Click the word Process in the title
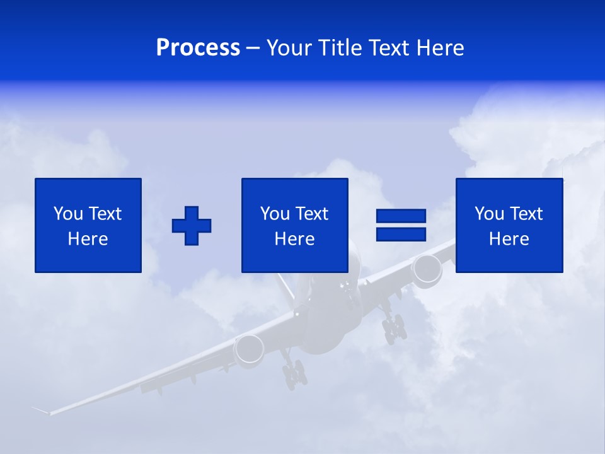(198, 48)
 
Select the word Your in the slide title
(290, 48)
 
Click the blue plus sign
(192, 226)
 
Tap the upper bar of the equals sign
(401, 216)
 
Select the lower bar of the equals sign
(401, 234)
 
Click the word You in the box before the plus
(68, 214)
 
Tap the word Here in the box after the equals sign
(509, 239)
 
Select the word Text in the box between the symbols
(312, 214)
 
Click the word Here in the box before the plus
(88, 239)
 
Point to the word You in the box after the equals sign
(489, 214)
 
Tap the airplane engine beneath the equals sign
(427, 269)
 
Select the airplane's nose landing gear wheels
(294, 376)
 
